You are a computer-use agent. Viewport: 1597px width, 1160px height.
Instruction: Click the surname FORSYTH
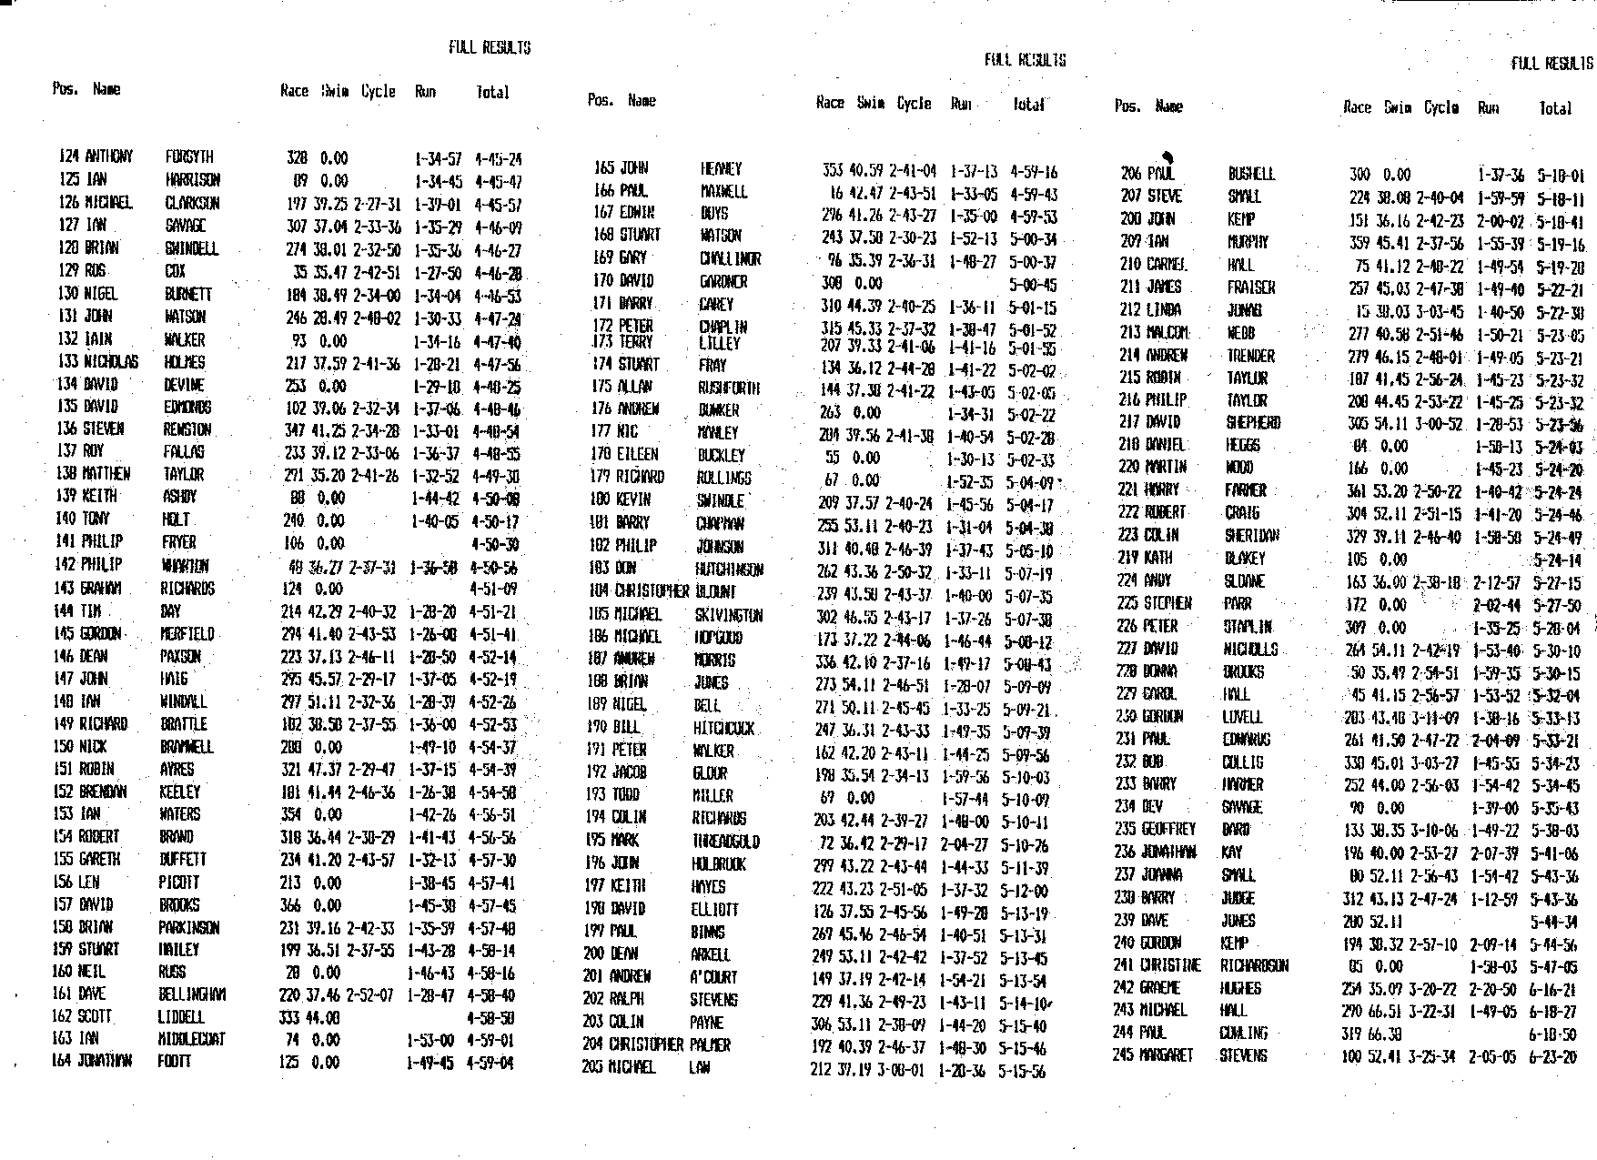click(188, 156)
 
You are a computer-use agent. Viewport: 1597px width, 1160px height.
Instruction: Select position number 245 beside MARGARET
click(1123, 1055)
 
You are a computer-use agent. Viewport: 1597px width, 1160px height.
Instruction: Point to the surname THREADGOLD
click(726, 842)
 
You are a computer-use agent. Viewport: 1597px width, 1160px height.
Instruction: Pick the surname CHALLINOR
click(730, 258)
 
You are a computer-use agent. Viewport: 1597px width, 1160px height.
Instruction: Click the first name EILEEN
click(637, 454)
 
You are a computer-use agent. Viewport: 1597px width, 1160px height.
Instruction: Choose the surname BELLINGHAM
click(192, 994)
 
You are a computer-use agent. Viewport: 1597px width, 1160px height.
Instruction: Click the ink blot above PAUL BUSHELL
click(1167, 156)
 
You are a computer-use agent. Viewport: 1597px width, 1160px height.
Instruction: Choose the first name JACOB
click(628, 773)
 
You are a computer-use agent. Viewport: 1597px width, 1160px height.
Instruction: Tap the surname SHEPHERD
click(1253, 423)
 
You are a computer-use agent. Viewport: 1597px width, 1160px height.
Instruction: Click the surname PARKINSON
click(189, 928)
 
